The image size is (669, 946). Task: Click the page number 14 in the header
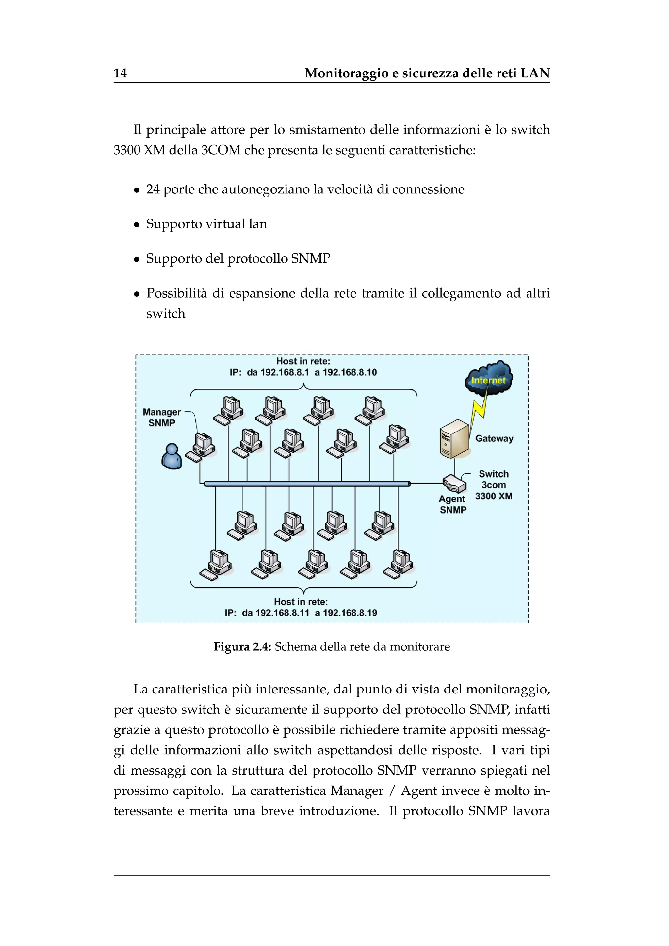click(x=120, y=73)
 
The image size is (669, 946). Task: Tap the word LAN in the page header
click(x=535, y=73)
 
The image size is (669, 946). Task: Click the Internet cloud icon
click(x=489, y=377)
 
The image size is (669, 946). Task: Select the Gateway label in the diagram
click(x=494, y=438)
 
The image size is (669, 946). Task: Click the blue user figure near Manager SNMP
click(x=171, y=457)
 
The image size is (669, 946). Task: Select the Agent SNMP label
click(x=452, y=504)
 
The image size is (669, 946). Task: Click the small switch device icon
click(x=454, y=484)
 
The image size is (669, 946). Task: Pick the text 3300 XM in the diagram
click(x=494, y=496)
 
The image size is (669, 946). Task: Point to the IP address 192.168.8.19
click(x=350, y=613)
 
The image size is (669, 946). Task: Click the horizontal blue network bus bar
click(x=307, y=484)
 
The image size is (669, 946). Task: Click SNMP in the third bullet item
click(x=310, y=259)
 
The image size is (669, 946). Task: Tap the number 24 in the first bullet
click(x=153, y=189)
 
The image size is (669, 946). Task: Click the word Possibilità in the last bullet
click(x=176, y=293)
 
